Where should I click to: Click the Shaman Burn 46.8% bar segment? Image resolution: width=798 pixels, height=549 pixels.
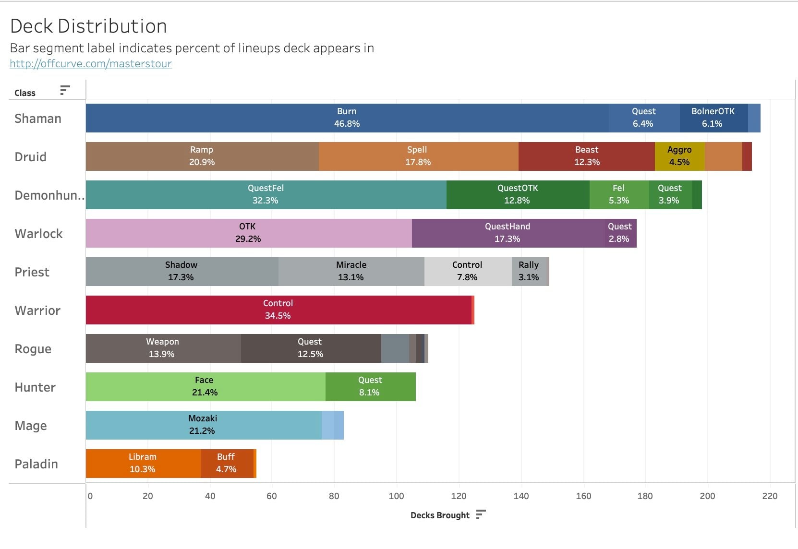point(347,118)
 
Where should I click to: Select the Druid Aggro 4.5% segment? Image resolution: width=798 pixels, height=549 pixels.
point(679,156)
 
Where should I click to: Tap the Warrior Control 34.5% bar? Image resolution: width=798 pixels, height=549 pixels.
point(278,310)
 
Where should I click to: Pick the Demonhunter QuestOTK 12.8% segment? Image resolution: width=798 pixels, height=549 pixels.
point(518,195)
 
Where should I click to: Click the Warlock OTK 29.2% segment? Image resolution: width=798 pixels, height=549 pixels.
point(248,233)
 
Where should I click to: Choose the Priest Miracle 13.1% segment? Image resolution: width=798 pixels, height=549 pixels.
point(351,272)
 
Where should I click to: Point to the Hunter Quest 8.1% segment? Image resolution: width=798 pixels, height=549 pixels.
point(370,387)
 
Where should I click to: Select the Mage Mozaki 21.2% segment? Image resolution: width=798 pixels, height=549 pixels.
point(203,425)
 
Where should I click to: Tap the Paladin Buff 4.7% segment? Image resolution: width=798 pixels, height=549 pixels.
point(226,464)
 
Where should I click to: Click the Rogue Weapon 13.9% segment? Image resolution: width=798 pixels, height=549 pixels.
point(162,348)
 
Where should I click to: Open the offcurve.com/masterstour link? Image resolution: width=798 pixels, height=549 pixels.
point(91,64)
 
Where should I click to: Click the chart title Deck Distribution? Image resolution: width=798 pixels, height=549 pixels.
point(88,26)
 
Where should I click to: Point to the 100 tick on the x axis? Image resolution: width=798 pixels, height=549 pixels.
point(396,496)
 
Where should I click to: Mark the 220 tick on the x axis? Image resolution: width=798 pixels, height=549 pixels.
point(769,496)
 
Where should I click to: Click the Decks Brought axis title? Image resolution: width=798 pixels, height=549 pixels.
point(440,515)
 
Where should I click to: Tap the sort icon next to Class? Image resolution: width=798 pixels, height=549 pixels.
point(65,90)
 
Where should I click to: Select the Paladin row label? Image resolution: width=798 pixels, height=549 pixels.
point(36,464)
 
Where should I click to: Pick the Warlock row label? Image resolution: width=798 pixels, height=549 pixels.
point(38,234)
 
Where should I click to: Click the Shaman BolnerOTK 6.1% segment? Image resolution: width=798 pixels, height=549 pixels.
point(713,118)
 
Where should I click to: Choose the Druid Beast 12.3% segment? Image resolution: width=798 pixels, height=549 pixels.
point(586,156)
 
